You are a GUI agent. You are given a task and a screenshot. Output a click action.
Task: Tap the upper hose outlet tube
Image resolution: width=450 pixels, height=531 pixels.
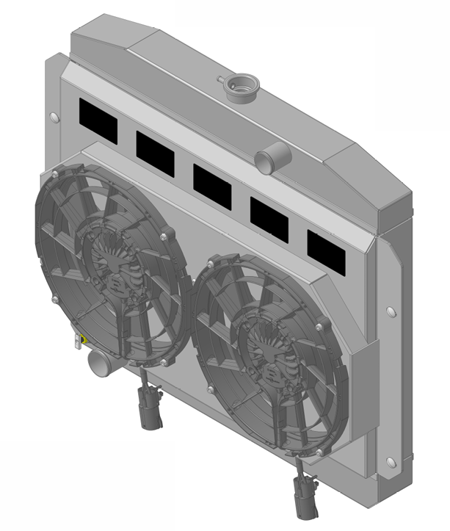point(271,156)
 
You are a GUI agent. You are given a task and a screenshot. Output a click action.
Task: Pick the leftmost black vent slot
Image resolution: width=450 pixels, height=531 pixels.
point(98,121)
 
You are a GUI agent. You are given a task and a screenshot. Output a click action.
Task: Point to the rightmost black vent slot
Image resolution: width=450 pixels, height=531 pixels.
point(326,248)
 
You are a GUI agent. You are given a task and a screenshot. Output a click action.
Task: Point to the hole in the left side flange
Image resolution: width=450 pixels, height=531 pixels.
point(53,116)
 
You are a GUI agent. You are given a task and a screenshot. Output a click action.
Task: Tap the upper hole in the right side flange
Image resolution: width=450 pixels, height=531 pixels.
point(391,311)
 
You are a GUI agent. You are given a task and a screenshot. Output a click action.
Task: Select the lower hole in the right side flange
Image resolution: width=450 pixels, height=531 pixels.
point(391,462)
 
